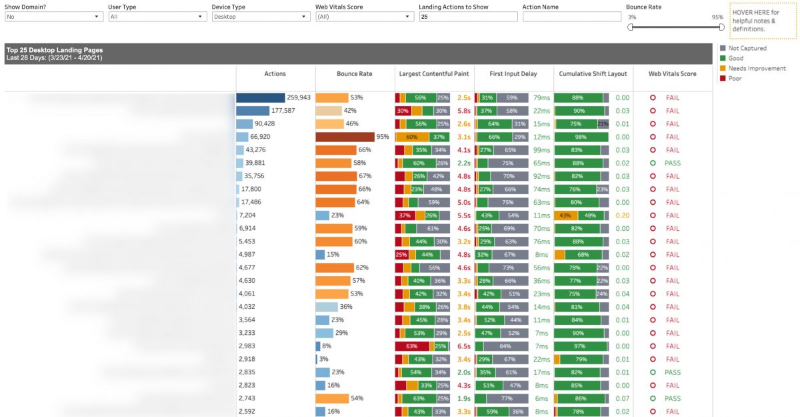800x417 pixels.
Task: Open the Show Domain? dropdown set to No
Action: tap(54, 17)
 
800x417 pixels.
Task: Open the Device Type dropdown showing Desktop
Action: tap(261, 17)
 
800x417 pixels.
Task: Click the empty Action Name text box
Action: tap(571, 17)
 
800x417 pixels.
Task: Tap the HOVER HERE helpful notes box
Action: tap(763, 21)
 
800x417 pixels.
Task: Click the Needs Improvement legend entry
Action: tap(757, 68)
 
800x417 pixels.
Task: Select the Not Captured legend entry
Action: tap(747, 48)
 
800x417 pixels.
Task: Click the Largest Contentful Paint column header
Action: tap(434, 74)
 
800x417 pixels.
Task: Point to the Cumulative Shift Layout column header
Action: tap(593, 74)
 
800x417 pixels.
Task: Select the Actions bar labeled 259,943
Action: tap(261, 98)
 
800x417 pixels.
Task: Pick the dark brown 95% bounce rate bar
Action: tap(345, 137)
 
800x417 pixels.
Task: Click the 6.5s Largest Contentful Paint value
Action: tap(464, 346)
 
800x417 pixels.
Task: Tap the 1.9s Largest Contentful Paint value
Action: tap(464, 398)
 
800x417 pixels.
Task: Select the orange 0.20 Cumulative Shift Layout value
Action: tap(623, 216)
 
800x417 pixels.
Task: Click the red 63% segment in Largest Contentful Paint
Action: tap(411, 346)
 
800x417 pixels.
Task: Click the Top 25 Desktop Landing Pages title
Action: tap(55, 50)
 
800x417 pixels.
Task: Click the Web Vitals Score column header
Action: tap(672, 74)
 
